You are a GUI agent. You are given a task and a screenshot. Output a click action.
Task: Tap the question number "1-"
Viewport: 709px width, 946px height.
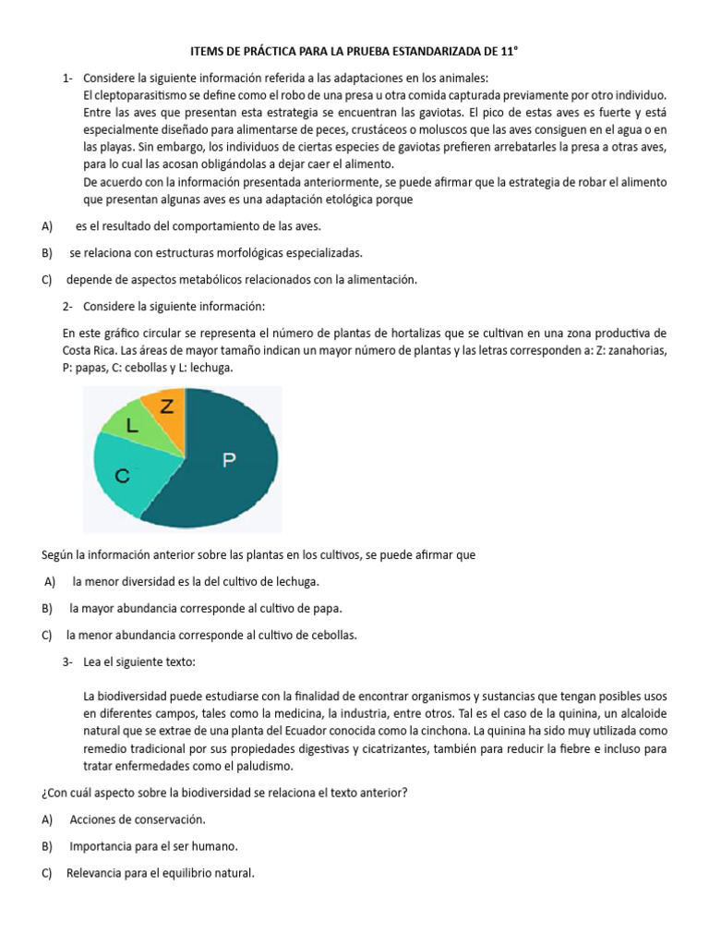click(68, 78)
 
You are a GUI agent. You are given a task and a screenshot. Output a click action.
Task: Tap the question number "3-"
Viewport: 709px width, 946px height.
click(68, 662)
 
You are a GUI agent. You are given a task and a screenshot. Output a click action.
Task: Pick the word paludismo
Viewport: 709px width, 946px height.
click(264, 766)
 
